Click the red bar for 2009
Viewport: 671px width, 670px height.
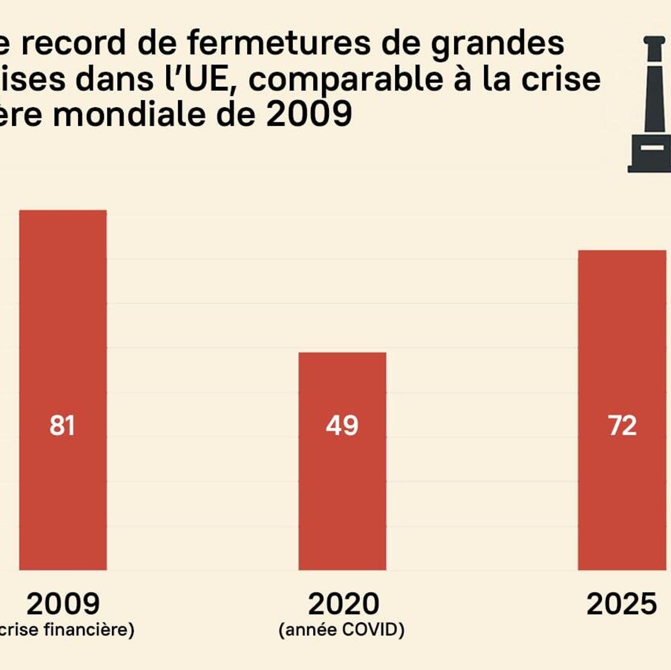point(63,350)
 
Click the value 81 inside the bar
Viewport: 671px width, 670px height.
point(62,426)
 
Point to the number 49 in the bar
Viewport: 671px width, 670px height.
point(342,426)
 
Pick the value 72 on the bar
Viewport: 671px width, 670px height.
point(622,426)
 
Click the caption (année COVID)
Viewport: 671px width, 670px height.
point(341,630)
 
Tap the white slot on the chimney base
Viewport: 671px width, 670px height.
point(652,147)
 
